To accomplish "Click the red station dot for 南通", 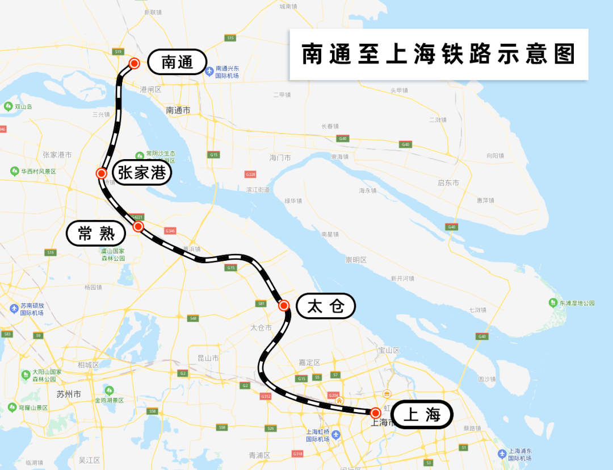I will (x=135, y=63).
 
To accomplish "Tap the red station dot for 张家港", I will (x=102, y=173).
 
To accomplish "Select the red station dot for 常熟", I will (x=138, y=226).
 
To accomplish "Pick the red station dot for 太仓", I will (x=284, y=305).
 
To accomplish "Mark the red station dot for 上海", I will (x=375, y=413).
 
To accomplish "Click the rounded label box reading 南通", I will (x=177, y=62).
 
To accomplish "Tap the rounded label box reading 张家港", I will (x=142, y=172).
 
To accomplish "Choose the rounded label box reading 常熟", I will (x=96, y=233).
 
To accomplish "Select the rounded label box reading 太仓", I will (x=326, y=306).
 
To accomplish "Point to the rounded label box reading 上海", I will (x=422, y=414).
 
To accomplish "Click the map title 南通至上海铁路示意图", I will (x=439, y=55).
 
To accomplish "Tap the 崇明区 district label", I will (x=356, y=260).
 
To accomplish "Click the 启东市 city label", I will (x=448, y=182).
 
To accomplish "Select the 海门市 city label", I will (x=280, y=157).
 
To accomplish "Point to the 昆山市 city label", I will (x=208, y=358).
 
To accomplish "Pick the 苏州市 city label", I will (x=69, y=394).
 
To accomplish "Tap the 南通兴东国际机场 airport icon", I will (x=209, y=71).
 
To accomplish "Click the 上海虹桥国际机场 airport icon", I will (x=336, y=435).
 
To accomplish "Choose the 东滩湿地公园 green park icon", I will (x=553, y=302).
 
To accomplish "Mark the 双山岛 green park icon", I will (x=8, y=106).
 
